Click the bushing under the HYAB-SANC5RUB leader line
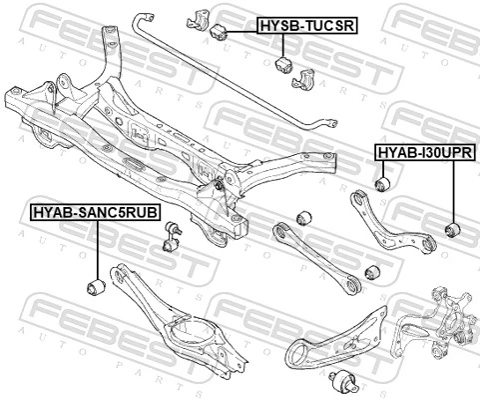[97, 288]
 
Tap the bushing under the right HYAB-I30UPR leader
[452, 232]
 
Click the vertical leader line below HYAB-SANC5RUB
[95, 250]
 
